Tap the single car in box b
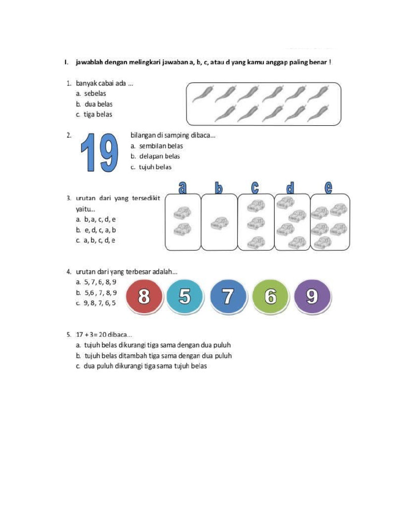(220, 224)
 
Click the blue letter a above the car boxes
(183, 187)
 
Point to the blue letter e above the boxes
(329, 187)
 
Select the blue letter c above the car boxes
(255, 187)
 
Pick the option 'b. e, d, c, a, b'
(96, 230)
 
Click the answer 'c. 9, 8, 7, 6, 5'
(96, 303)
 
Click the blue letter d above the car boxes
(291, 187)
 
